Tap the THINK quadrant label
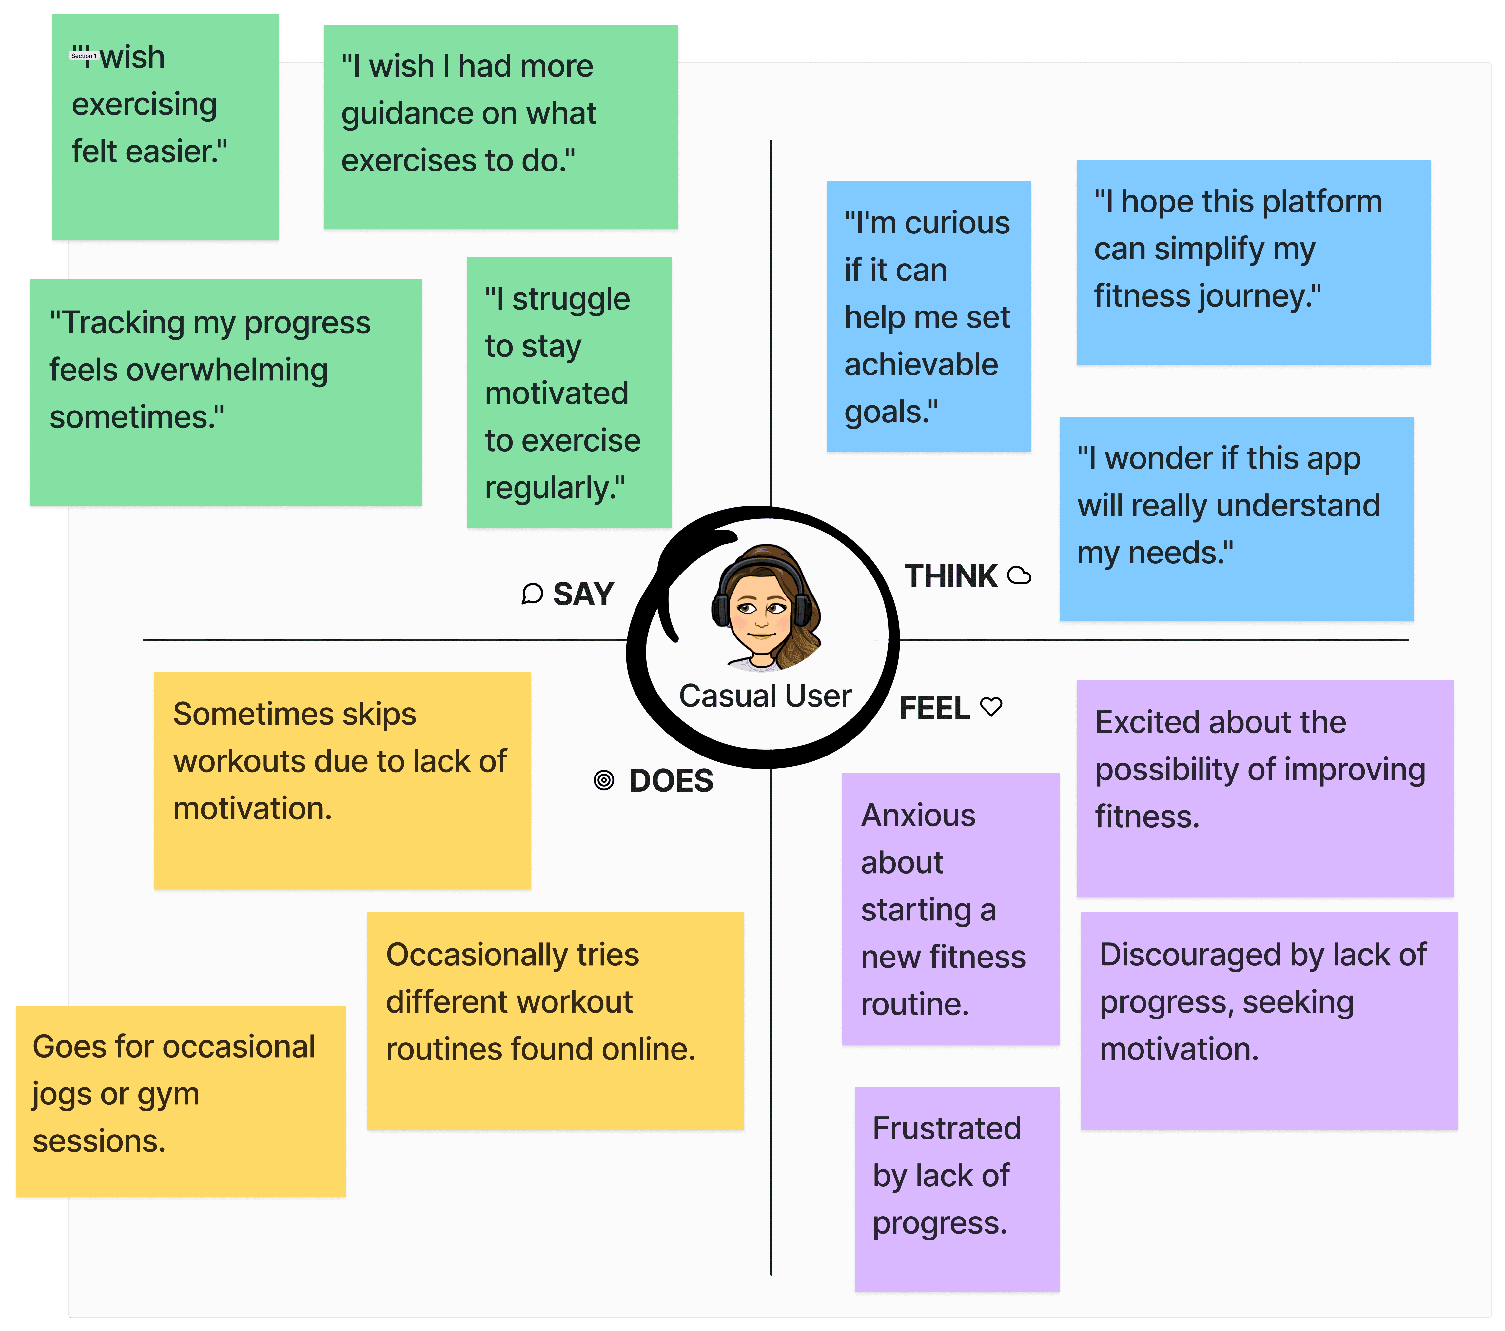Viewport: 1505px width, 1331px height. [x=950, y=576]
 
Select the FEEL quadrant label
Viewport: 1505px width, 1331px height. [x=934, y=708]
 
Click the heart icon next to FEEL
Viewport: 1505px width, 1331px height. [x=992, y=707]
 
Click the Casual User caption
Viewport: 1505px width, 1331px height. [x=765, y=696]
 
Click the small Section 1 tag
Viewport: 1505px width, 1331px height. [x=83, y=56]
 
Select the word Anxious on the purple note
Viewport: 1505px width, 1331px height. [x=918, y=816]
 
